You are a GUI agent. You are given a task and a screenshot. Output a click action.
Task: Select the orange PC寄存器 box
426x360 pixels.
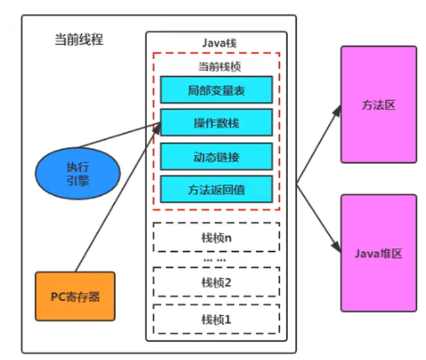(75, 296)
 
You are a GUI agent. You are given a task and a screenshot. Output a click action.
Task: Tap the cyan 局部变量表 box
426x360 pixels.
(216, 91)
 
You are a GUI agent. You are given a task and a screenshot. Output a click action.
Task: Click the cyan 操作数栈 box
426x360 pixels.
(216, 123)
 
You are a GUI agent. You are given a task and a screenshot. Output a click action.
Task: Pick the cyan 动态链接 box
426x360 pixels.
(216, 157)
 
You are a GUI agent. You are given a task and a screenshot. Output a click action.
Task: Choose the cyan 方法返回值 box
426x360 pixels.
(216, 190)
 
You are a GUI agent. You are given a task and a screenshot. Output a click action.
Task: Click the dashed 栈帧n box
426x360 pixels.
(216, 238)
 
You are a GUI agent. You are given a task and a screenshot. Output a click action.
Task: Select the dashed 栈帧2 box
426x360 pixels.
(216, 282)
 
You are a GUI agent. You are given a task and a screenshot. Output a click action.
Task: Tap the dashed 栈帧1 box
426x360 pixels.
(216, 319)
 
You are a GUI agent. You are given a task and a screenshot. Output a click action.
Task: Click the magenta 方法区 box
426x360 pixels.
(378, 105)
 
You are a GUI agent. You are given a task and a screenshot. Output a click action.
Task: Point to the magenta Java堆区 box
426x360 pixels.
(378, 253)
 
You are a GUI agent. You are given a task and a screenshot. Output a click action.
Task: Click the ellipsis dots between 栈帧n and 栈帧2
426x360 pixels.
(214, 260)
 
